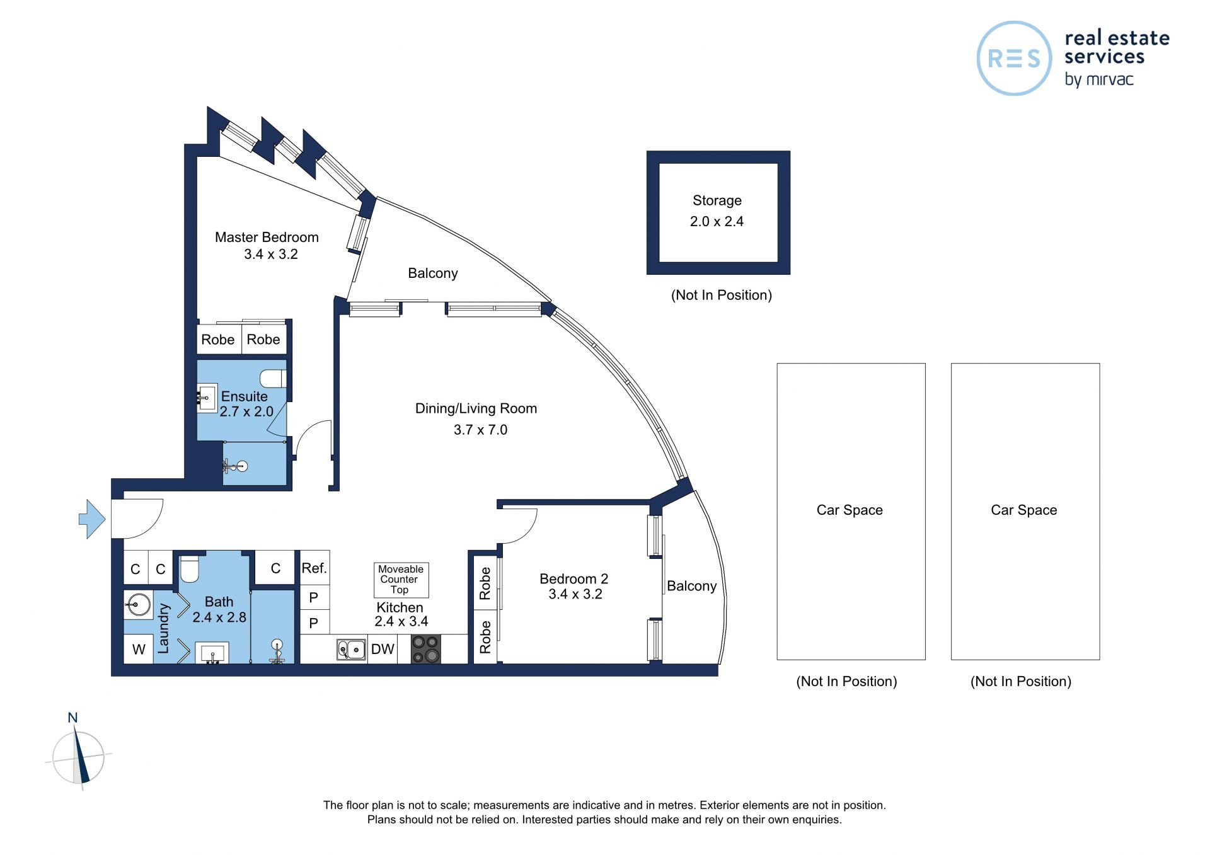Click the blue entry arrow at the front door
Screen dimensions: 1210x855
click(x=92, y=519)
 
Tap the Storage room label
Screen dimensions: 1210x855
click(x=717, y=200)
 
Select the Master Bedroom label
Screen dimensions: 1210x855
click(x=267, y=238)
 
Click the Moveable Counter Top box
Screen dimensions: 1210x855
click(x=401, y=580)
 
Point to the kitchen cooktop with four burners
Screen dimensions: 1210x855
click(x=425, y=649)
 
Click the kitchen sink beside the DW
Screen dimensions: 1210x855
click(x=351, y=649)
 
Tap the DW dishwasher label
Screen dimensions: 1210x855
click(x=383, y=649)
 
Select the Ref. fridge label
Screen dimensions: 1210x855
click(x=314, y=568)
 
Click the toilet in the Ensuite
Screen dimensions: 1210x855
click(x=274, y=379)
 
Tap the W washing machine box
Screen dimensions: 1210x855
click(x=139, y=649)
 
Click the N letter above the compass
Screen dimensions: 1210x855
click(x=72, y=718)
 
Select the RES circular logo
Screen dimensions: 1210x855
click(x=1014, y=59)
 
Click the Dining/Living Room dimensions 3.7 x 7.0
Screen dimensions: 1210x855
click(x=480, y=430)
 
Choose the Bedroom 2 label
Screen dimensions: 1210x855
click(x=573, y=578)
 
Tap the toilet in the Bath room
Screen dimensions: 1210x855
click(x=190, y=568)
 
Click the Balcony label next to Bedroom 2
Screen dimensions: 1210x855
click(x=692, y=587)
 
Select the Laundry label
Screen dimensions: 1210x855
click(x=164, y=628)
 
